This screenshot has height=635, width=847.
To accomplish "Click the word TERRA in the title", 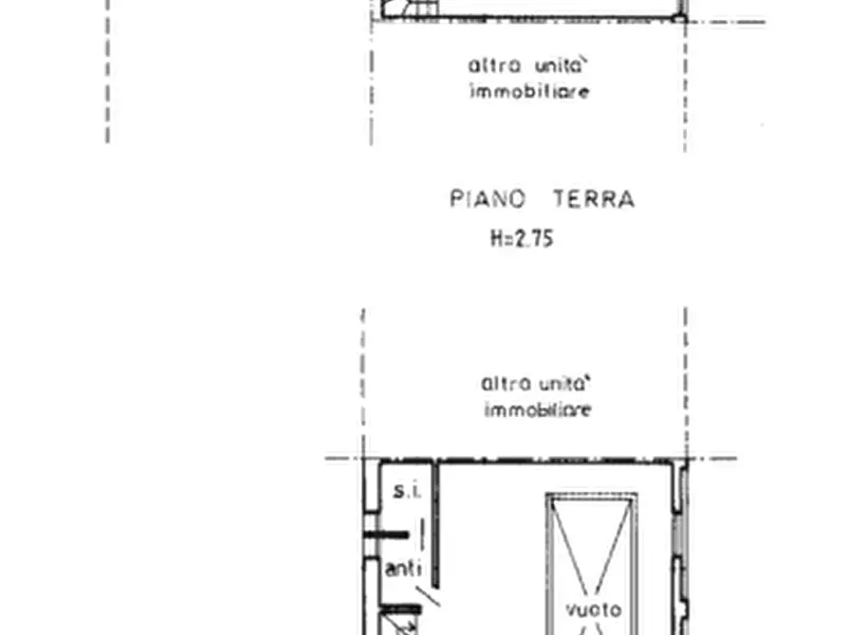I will click(594, 200).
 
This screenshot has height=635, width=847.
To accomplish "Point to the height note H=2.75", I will click(522, 239).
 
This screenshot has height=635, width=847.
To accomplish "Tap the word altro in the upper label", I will click(494, 66).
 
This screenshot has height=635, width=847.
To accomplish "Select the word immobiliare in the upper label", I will click(530, 92).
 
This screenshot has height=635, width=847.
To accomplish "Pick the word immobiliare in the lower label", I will click(538, 410).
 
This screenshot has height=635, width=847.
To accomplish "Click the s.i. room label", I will click(406, 491).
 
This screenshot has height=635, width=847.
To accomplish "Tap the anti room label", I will click(403, 570).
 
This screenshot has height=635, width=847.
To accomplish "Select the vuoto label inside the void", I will click(594, 608).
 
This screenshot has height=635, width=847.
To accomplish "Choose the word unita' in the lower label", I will click(565, 385).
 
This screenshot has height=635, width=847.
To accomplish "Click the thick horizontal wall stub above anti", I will click(387, 535).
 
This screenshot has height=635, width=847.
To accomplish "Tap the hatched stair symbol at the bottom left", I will click(400, 626).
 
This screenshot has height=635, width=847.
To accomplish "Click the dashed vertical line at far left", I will click(107, 71).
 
